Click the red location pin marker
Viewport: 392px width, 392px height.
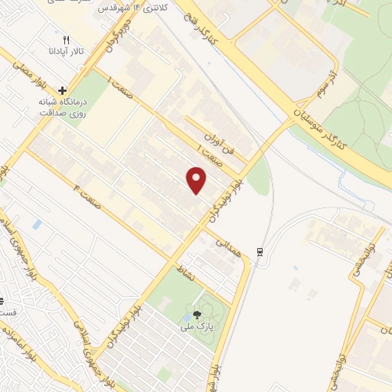point(197,181)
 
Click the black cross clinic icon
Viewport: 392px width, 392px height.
point(63,90)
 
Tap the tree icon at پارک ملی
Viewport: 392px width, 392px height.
point(198,315)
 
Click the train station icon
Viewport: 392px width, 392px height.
point(260,251)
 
